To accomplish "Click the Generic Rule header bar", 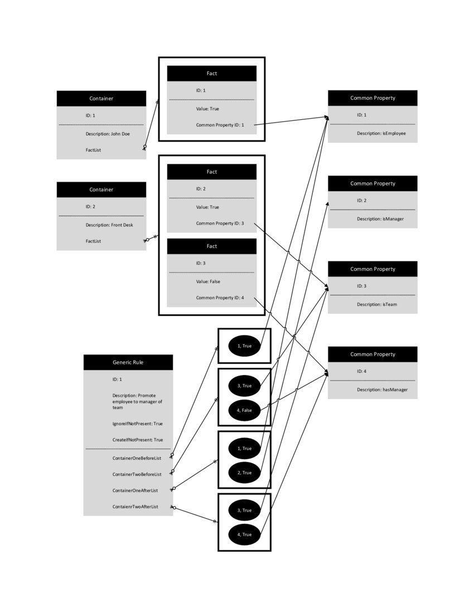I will click(128, 362).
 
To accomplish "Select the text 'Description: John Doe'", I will click(108, 134).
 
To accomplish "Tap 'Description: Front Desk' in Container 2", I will click(109, 225).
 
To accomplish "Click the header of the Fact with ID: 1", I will click(212, 74).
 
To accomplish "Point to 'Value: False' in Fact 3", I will click(208, 281).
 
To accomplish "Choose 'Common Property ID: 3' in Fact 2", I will click(220, 223).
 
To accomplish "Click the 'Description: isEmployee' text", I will click(381, 134).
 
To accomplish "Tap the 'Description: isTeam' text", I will click(377, 304).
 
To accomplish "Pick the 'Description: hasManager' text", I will click(383, 390).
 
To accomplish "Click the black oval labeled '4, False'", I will click(245, 410).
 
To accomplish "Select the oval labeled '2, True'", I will click(245, 473).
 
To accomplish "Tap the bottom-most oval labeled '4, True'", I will click(245, 534).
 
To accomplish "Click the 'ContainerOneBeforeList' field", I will click(137, 458).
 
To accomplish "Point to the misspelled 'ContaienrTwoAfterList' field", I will click(136, 506).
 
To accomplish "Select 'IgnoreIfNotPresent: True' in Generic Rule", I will click(138, 424).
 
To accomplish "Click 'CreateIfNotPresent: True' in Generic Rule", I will click(138, 440).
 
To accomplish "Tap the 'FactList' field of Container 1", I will click(94, 150).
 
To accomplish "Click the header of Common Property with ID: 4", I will click(373, 354).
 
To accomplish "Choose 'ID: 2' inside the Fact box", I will click(201, 189).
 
